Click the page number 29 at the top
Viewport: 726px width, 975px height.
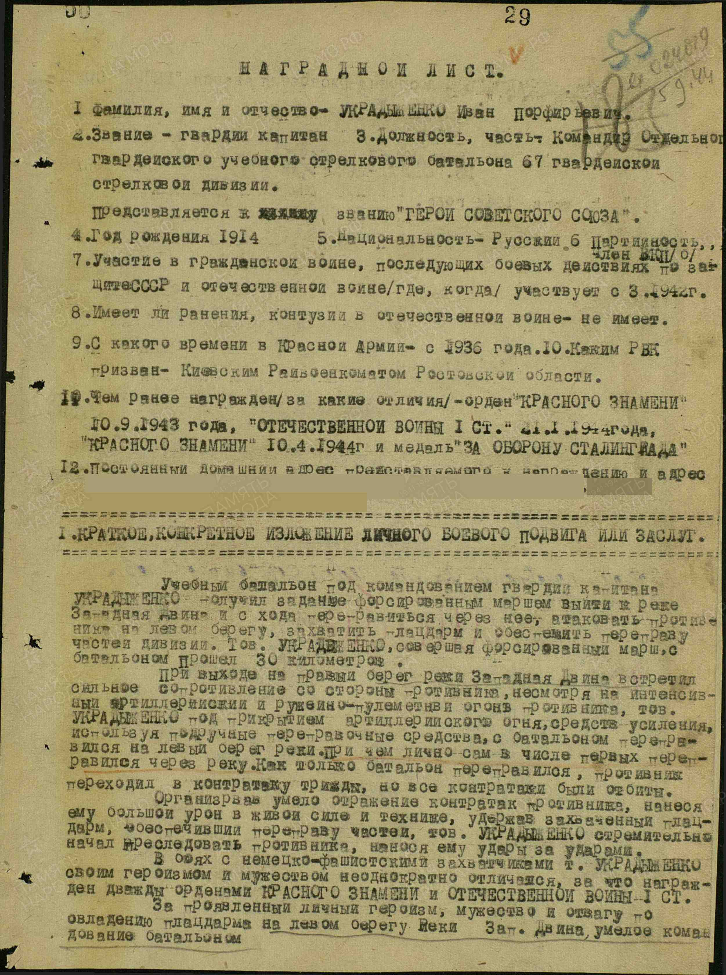pos(517,17)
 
